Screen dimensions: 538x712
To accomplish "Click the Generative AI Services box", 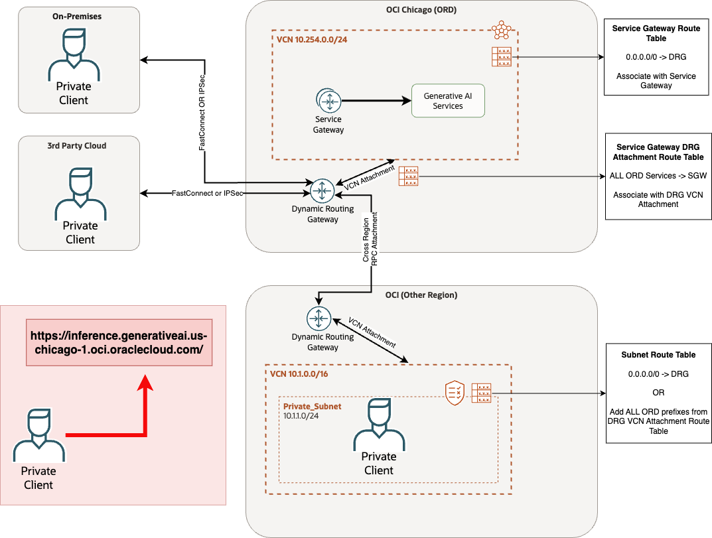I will [448, 101].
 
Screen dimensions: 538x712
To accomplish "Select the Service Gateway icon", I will [328, 101].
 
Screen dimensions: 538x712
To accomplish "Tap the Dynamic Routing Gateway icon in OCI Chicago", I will [322, 191].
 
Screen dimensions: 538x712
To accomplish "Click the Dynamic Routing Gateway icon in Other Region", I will [319, 318].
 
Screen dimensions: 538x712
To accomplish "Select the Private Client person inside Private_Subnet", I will [379, 425].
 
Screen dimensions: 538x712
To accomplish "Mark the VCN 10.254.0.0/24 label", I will [312, 40].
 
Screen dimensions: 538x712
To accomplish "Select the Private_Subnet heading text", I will [312, 406].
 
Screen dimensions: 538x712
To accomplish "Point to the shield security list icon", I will [454, 393].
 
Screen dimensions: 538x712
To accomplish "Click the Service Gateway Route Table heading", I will [656, 34].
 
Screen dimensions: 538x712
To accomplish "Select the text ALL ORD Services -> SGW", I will [658, 176].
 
